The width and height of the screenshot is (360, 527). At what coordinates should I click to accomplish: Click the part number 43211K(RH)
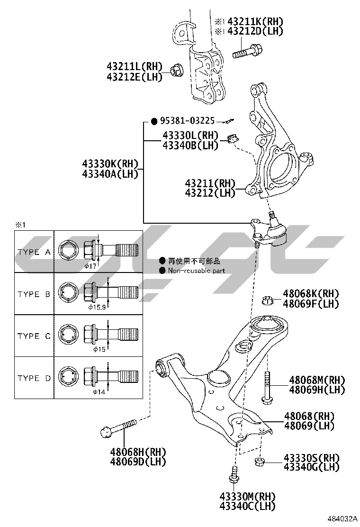click(255, 21)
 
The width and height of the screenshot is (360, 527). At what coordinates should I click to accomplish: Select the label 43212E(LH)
click(134, 76)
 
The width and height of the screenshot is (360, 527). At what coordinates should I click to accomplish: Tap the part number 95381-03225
click(187, 121)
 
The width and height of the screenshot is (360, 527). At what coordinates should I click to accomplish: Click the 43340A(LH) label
click(110, 174)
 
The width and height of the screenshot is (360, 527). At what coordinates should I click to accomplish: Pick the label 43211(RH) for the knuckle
click(210, 183)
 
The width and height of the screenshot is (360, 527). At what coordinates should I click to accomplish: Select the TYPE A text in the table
click(34, 252)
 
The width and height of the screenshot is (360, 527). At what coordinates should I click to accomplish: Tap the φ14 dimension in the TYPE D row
click(98, 392)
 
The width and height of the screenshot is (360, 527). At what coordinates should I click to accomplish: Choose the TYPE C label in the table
click(34, 336)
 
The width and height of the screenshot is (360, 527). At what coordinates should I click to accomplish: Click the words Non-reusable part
click(197, 271)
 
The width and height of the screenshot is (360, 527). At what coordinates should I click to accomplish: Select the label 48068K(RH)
click(311, 294)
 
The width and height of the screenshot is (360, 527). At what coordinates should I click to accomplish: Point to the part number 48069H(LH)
click(317, 390)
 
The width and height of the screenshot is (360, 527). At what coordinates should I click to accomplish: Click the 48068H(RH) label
click(138, 452)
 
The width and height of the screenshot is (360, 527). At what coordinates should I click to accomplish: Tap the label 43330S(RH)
click(312, 458)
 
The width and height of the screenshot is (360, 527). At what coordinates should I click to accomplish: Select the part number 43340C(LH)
click(247, 506)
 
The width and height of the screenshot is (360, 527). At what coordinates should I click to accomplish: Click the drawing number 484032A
click(342, 519)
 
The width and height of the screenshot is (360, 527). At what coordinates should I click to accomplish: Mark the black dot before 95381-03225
click(154, 121)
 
